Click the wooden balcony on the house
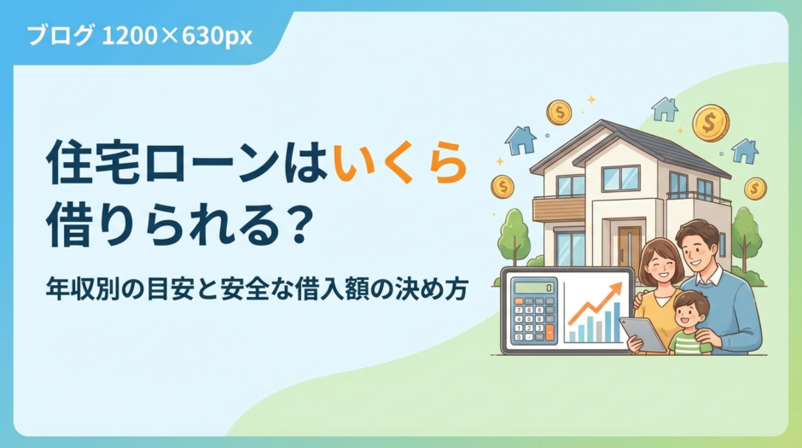click(x=559, y=208)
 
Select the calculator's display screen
click(x=531, y=288)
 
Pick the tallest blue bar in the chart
click(x=617, y=323)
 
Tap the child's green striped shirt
click(x=689, y=342)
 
